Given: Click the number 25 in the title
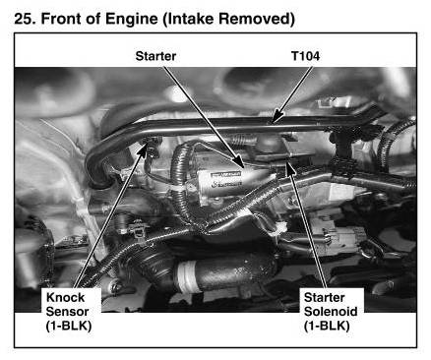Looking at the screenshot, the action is tap(25, 19).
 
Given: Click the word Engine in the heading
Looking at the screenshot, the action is tap(131, 20).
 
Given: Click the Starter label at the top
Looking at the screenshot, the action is tap(155, 56).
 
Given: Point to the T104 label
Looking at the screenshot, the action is tap(305, 56).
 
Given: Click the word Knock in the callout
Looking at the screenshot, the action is tap(66, 298).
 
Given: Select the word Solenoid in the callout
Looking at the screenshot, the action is tap(331, 312).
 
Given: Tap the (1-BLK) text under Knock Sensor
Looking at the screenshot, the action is tap(69, 326).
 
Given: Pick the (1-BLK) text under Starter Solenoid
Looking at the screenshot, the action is tap(327, 326).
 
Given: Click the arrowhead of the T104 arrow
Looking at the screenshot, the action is tap(277, 116).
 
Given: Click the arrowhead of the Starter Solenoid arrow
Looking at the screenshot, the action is tap(289, 166).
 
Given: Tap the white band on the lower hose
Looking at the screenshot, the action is tap(185, 276).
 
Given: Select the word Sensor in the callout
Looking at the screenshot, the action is tap(67, 312).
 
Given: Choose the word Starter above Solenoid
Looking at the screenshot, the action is tap(324, 298).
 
